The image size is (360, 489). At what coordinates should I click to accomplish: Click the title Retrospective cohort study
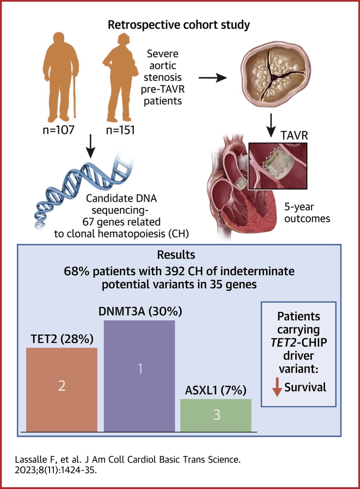point(179,25)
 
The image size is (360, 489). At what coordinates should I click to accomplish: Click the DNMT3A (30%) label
point(140,312)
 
